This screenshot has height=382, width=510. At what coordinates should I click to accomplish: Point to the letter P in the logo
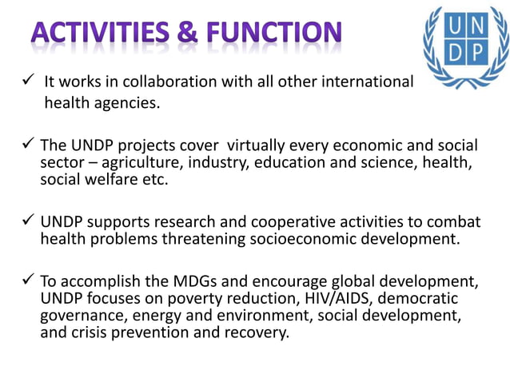pyautogui.click(x=476, y=53)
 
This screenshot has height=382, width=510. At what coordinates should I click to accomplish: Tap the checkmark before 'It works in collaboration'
pyautogui.click(x=25, y=81)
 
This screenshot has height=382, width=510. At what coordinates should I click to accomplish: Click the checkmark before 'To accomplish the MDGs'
pyautogui.click(x=25, y=281)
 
